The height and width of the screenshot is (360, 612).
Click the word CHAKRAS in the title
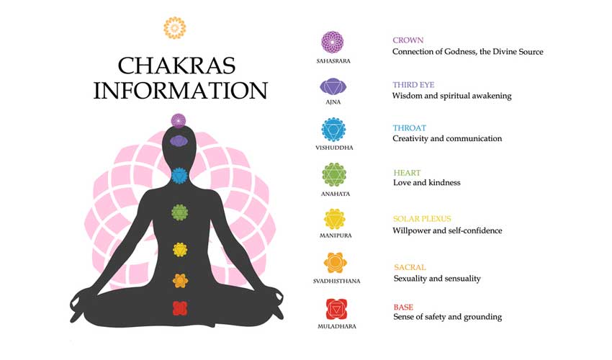(x=177, y=66)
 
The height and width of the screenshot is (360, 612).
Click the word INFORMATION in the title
(x=180, y=90)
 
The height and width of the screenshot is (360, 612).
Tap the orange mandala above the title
(x=174, y=28)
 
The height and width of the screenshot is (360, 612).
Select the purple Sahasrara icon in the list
(x=333, y=42)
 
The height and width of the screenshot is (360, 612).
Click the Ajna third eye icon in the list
(x=333, y=86)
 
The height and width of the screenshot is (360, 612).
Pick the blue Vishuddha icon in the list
(x=333, y=130)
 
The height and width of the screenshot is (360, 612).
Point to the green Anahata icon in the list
(x=334, y=174)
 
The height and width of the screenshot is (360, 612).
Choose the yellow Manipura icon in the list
(x=335, y=219)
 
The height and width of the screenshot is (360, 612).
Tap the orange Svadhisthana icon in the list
(x=336, y=263)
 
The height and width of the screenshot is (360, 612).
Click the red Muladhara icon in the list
(x=336, y=310)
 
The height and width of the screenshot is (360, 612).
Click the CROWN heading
(x=408, y=40)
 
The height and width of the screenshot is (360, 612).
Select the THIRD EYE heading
(x=413, y=85)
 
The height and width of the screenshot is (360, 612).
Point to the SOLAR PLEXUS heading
(x=422, y=219)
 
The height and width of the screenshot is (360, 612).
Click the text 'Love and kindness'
(x=427, y=182)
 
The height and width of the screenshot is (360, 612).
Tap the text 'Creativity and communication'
(x=447, y=138)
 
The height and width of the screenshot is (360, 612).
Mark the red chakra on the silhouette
(x=180, y=308)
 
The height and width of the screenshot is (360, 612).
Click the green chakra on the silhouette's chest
(x=179, y=212)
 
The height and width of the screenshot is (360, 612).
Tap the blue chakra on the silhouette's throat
(x=179, y=176)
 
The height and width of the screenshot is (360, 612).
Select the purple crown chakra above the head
(x=179, y=121)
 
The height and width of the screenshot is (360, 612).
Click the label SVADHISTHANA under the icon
(x=336, y=281)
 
